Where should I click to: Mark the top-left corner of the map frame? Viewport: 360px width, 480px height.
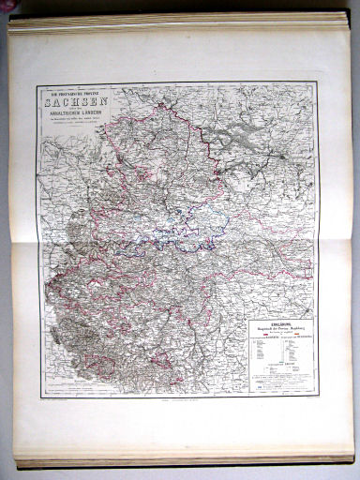[x=35, y=85]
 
